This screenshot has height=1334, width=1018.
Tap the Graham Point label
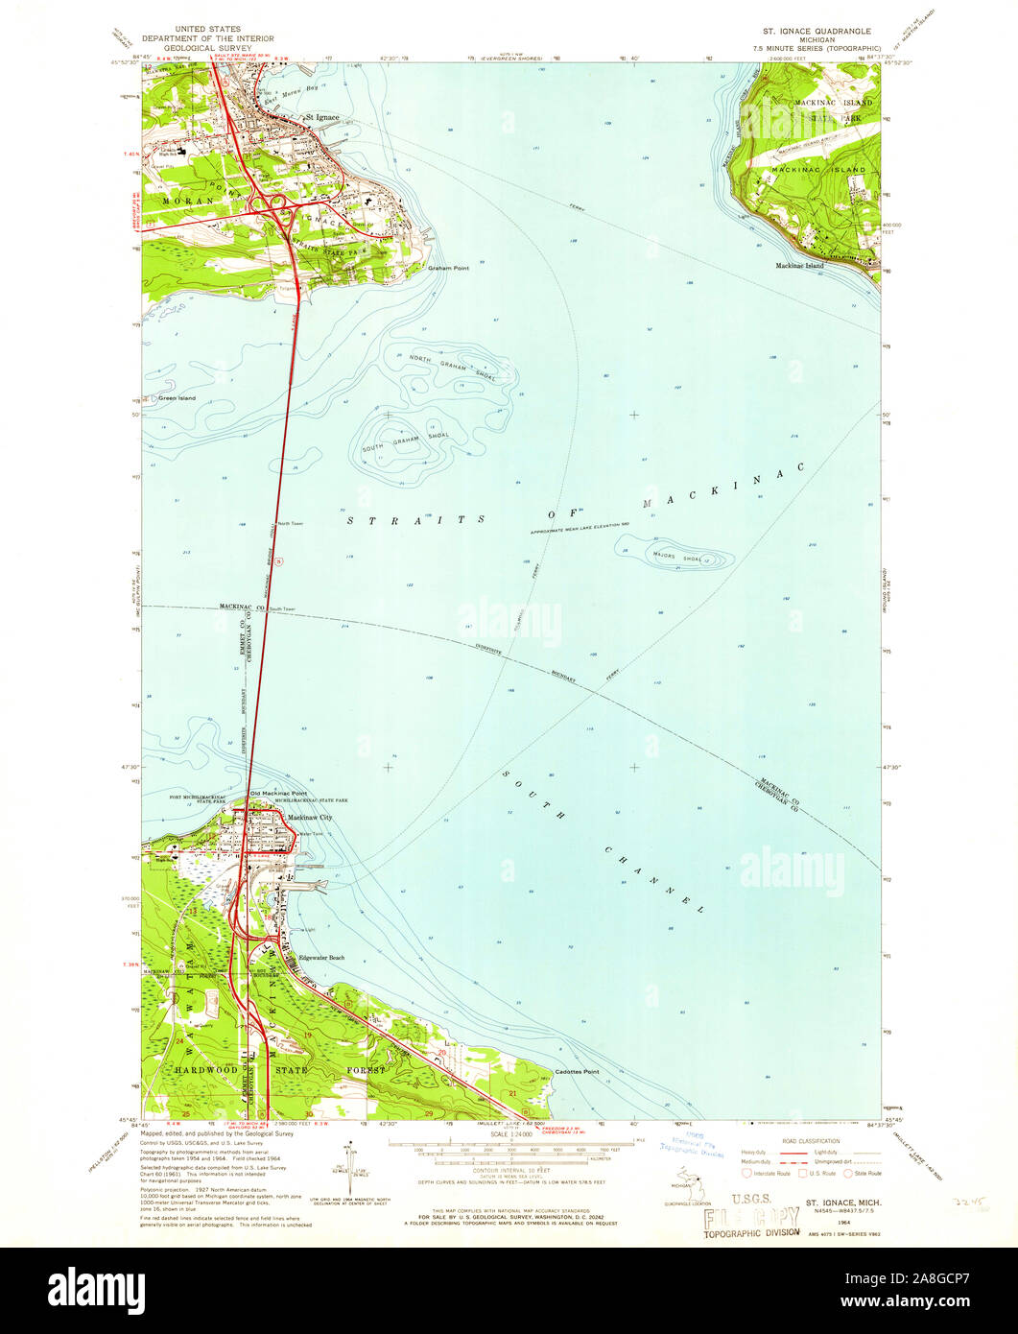coord(449,268)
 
